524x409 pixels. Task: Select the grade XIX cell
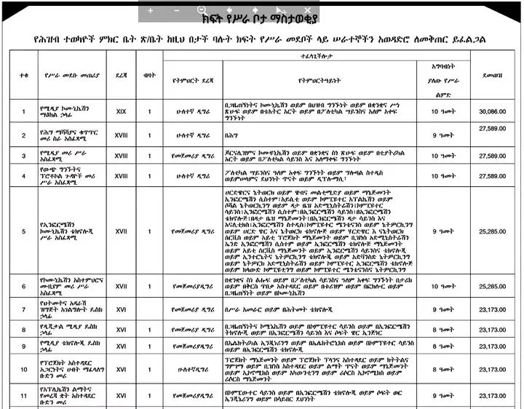[122, 111]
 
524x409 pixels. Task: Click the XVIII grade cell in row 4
[122, 176]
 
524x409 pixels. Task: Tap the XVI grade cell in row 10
[122, 370]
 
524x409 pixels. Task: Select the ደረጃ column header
[122, 74]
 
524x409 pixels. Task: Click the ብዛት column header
[150, 74]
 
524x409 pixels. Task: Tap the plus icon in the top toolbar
[151, 10]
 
